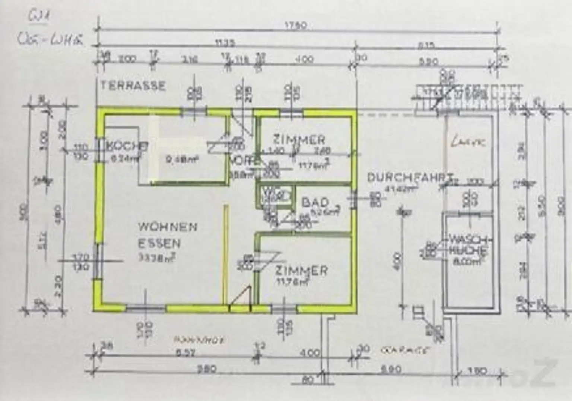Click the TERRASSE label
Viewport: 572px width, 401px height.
(133, 86)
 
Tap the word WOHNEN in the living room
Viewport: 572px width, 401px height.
(168, 227)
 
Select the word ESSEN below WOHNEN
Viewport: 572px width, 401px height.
(159, 243)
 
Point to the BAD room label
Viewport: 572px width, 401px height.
(315, 202)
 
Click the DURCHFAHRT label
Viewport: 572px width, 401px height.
(410, 177)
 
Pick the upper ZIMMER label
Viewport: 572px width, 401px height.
(299, 140)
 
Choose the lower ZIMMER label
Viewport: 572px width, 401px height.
(301, 270)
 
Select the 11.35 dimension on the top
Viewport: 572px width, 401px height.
(225, 43)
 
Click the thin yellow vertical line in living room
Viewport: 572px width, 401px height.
(225, 253)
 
